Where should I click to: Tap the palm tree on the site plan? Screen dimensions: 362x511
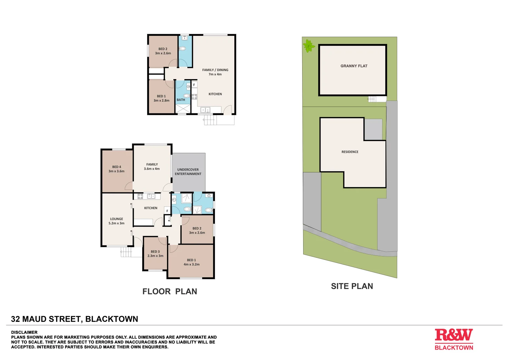(309, 46)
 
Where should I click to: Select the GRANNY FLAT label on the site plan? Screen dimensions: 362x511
(354, 66)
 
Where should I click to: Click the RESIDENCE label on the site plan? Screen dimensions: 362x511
(350, 152)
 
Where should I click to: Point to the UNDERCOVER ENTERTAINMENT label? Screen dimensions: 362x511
(188, 172)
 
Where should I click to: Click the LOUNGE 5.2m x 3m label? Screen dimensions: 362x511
(116, 221)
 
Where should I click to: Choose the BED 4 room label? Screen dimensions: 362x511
(116, 169)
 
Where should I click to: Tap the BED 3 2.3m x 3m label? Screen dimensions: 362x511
(155, 254)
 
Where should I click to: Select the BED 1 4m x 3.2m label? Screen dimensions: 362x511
(191, 262)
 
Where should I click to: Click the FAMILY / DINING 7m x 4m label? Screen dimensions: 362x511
(215, 72)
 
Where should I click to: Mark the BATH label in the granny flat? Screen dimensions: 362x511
(181, 100)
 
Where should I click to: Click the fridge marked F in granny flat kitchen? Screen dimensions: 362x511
(194, 85)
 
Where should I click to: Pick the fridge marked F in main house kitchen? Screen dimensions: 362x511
(167, 211)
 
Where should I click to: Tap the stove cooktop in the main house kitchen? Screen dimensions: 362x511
(140, 196)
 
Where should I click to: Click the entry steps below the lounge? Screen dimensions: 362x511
(126, 252)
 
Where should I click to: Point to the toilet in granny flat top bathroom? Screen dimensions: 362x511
(183, 48)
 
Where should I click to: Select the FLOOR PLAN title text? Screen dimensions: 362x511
(170, 292)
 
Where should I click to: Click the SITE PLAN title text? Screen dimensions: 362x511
(352, 286)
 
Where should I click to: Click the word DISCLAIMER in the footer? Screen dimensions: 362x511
(24, 332)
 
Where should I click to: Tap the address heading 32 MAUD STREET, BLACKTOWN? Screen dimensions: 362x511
(75, 319)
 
